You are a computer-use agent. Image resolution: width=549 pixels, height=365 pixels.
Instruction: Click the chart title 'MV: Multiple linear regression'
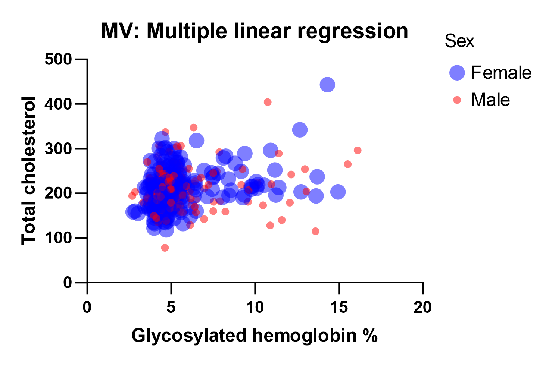(255, 31)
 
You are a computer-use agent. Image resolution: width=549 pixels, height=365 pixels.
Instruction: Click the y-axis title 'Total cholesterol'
(29, 170)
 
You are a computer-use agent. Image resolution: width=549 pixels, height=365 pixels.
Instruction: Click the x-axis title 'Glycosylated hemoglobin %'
(255, 336)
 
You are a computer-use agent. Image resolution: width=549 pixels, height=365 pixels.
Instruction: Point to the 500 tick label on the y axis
(58, 59)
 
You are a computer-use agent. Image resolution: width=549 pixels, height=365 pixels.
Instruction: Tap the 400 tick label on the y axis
(58, 104)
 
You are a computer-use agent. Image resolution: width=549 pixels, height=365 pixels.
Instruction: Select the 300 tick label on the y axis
(58, 148)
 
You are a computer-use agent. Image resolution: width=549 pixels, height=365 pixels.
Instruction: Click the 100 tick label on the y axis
(58, 238)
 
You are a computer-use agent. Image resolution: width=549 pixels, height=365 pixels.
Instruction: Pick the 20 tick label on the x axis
(422, 308)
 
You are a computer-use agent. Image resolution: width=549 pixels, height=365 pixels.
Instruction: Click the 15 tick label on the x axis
(339, 308)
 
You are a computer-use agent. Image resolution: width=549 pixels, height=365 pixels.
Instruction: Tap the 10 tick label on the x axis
(255, 308)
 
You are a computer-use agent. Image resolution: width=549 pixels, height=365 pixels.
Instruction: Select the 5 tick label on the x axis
(171, 308)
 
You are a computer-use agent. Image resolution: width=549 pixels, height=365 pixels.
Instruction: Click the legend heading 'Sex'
(459, 41)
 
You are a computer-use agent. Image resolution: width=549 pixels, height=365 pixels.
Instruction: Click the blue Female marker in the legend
(457, 72)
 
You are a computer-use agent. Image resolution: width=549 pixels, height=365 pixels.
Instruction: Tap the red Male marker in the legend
(457, 100)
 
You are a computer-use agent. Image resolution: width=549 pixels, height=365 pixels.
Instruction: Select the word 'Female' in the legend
(501, 72)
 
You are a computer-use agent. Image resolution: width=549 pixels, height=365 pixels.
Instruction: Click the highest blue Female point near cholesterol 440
(327, 85)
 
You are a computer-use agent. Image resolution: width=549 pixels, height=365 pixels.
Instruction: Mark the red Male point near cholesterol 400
(268, 102)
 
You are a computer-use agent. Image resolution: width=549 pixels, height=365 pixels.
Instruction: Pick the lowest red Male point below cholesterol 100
(165, 248)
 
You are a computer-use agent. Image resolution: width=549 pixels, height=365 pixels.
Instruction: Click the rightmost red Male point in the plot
(358, 150)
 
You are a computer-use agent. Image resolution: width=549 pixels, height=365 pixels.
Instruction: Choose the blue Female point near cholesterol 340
(300, 130)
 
